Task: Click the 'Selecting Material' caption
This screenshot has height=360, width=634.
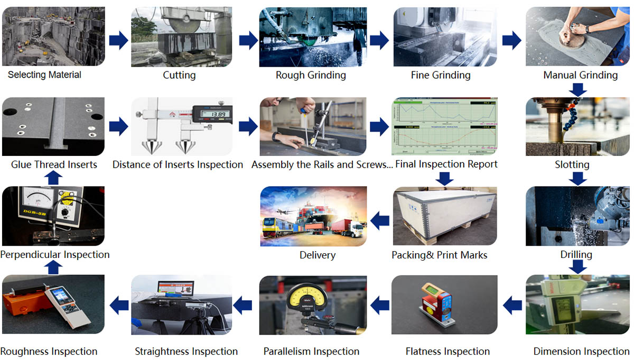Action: point(44,75)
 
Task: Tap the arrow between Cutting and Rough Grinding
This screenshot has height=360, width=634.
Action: point(248,40)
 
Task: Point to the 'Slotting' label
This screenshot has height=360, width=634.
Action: point(572,164)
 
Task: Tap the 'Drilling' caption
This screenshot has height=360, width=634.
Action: point(576,255)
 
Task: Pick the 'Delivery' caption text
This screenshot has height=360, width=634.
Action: point(317,255)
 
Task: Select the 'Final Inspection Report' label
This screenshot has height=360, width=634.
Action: point(446,164)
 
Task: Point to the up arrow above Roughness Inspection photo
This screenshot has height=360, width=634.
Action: point(52,268)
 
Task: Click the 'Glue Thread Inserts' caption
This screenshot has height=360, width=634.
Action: point(54,164)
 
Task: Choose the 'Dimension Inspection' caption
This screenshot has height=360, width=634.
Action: point(581,352)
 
